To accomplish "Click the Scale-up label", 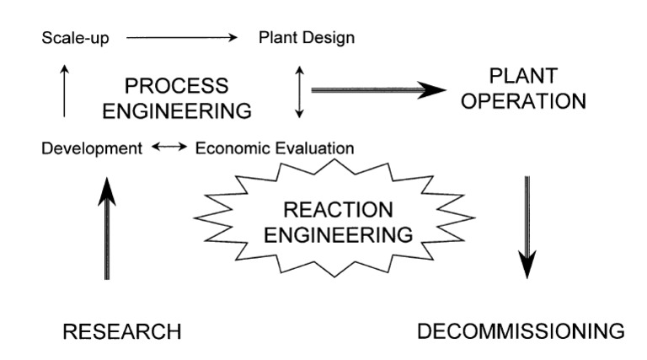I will point(75,38).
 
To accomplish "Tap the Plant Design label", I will point(307,38).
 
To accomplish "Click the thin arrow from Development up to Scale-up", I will point(64,92).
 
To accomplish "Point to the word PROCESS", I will point(176,86).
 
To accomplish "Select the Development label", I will point(91,148).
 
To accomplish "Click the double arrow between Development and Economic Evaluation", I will point(169,148).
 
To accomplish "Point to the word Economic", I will point(234,148).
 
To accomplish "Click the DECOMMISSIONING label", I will point(521,330).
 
